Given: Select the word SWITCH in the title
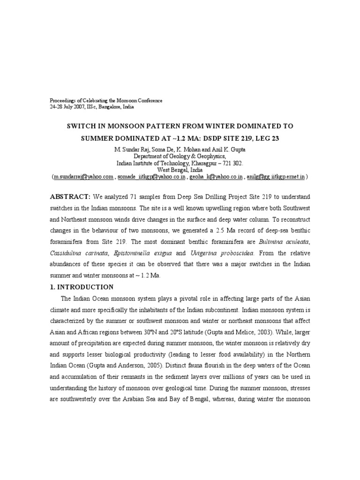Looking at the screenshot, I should pos(84,127).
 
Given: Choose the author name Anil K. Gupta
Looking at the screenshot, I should pos(227,150).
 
